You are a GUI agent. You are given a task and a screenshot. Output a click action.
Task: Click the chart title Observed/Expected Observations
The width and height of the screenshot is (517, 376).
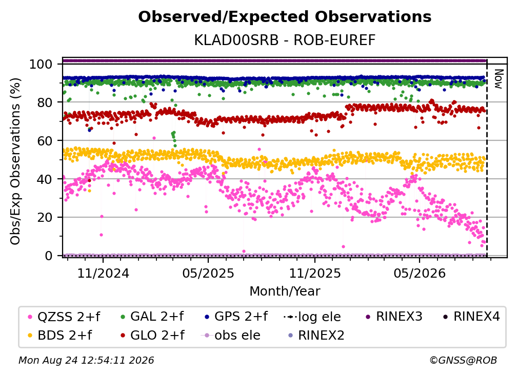click(285, 17)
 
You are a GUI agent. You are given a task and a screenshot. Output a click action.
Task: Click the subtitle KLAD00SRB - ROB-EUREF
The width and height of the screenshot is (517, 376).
click(285, 40)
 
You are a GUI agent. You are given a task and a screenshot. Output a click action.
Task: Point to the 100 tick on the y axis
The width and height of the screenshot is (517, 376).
click(41, 64)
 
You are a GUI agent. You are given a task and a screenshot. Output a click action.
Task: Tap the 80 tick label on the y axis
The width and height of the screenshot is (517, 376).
click(45, 102)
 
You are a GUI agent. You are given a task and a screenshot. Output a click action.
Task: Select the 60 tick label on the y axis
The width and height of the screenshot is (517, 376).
click(45, 140)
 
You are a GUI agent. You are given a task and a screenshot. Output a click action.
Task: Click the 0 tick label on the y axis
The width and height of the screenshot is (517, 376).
click(49, 256)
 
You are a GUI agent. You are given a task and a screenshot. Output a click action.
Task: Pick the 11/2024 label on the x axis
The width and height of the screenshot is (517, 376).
click(103, 273)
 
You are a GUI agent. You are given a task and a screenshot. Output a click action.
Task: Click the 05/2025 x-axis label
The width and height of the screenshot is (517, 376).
click(208, 273)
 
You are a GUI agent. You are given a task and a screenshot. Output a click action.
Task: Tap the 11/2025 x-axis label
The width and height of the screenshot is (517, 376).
click(315, 273)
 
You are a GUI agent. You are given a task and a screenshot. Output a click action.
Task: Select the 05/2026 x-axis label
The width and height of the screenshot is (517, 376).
click(420, 273)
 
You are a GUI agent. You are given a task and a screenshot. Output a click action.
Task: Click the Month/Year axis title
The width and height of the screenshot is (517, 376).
click(285, 291)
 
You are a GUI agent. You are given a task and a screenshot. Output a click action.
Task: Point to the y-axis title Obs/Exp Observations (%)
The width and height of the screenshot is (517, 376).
click(15, 161)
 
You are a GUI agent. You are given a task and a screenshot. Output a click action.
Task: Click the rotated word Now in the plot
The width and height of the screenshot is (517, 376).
click(498, 79)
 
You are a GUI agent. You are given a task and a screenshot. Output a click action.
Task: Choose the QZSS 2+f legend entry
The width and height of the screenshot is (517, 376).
click(64, 317)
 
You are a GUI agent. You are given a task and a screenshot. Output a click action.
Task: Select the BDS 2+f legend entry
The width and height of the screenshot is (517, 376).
click(59, 335)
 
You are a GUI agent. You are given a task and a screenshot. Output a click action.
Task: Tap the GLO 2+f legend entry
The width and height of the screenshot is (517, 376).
click(152, 335)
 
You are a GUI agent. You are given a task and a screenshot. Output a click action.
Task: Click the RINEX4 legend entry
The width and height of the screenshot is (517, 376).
click(471, 317)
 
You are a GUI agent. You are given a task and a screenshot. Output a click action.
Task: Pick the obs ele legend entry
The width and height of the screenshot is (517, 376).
click(230, 335)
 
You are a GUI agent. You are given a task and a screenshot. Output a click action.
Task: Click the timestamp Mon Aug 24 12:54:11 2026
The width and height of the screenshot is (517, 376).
click(86, 360)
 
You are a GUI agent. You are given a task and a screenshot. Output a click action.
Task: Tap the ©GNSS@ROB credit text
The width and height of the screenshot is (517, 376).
click(463, 360)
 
